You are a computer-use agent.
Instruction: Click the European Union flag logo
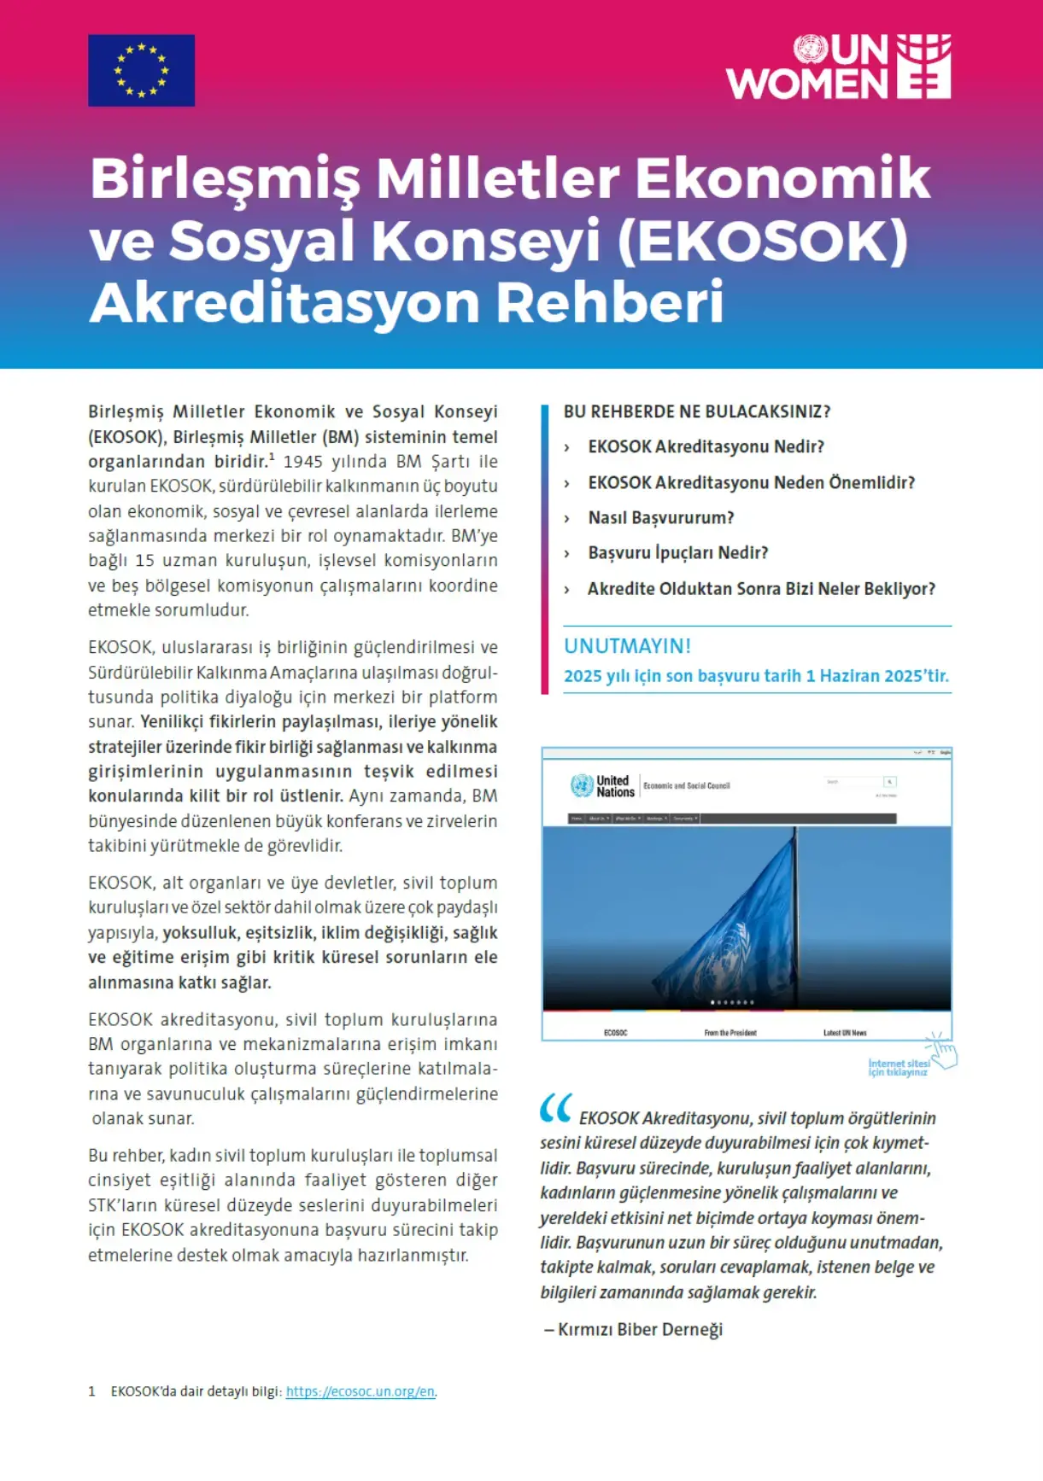click(x=141, y=70)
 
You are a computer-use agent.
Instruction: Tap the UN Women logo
click(x=838, y=67)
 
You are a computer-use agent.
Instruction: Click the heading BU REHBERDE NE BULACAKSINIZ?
click(x=696, y=411)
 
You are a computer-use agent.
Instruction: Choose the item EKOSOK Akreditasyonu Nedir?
click(x=706, y=446)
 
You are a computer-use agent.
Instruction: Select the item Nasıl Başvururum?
click(x=660, y=517)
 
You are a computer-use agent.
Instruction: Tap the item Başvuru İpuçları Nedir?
click(x=677, y=553)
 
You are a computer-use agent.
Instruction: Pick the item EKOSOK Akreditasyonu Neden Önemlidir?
click(x=751, y=482)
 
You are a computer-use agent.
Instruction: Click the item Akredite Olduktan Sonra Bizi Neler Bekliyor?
click(x=761, y=589)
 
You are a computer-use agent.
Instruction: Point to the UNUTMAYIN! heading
click(x=627, y=645)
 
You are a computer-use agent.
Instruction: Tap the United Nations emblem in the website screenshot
click(x=582, y=785)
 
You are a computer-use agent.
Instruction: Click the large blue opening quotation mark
click(x=555, y=1108)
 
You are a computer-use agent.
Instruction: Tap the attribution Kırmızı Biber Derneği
click(x=640, y=1329)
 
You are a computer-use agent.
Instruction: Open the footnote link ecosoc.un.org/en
click(x=360, y=1391)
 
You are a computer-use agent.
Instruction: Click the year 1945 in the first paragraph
click(x=302, y=462)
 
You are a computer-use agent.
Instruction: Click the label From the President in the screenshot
click(x=730, y=1033)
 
